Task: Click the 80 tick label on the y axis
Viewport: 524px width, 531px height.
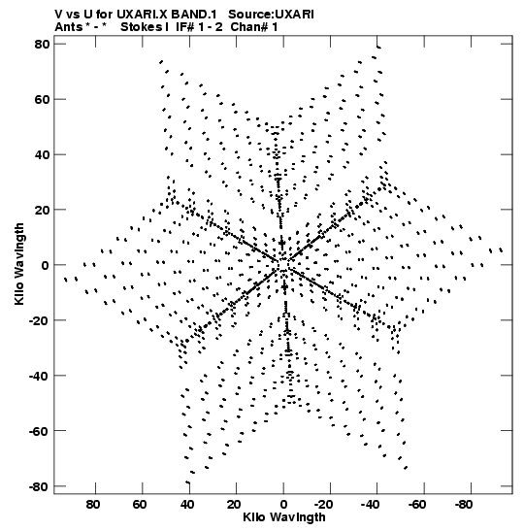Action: click(x=42, y=44)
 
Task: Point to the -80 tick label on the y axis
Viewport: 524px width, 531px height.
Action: click(x=39, y=487)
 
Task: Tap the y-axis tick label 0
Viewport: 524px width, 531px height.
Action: click(x=46, y=266)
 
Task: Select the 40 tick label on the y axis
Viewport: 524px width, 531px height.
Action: click(x=42, y=154)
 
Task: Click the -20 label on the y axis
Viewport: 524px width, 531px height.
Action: click(x=39, y=320)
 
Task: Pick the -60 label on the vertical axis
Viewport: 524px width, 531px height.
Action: click(x=39, y=431)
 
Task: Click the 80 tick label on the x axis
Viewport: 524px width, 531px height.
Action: click(x=93, y=505)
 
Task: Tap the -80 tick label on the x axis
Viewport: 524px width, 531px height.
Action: click(x=464, y=505)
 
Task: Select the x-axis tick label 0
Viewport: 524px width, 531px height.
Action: click(x=283, y=505)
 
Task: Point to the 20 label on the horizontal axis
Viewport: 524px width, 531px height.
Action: click(x=234, y=505)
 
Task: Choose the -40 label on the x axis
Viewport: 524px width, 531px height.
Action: click(x=370, y=505)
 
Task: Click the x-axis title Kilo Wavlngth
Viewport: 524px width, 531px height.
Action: click(x=284, y=517)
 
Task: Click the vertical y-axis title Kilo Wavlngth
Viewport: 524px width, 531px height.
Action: click(x=19, y=264)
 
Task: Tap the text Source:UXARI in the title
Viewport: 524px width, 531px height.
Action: click(x=271, y=15)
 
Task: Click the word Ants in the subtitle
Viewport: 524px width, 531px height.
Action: click(x=68, y=27)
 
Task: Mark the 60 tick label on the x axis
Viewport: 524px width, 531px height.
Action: click(x=140, y=505)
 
